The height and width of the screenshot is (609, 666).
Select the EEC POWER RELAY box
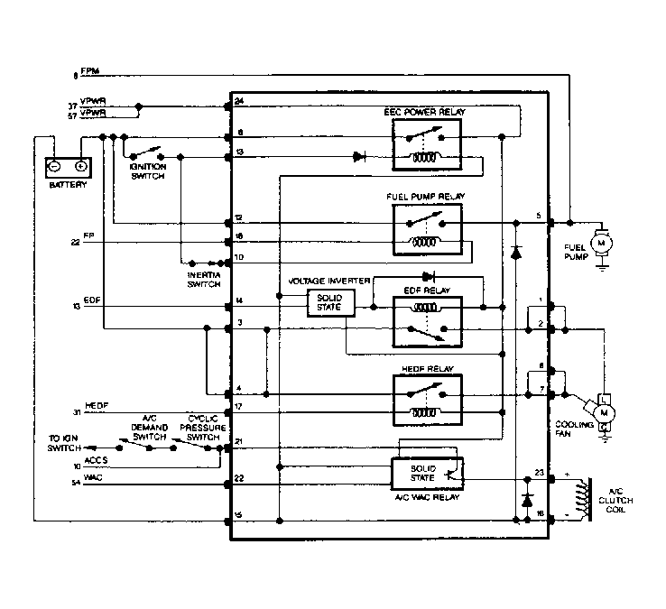(x=426, y=144)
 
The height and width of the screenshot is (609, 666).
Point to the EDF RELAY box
(x=426, y=320)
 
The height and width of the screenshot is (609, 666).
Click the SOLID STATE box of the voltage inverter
(x=331, y=305)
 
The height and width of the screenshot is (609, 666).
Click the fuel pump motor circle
(x=599, y=241)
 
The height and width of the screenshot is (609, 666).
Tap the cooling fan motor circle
(x=602, y=412)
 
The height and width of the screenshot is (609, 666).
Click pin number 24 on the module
(x=238, y=100)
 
